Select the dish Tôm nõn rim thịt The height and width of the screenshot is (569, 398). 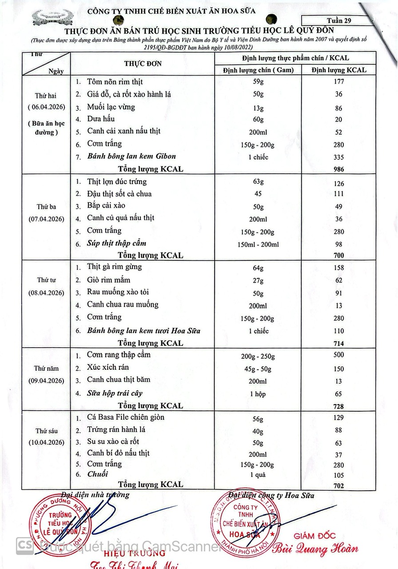[115, 82]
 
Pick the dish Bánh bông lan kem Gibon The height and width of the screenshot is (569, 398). [131, 156]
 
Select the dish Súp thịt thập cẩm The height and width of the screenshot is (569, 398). [116, 243]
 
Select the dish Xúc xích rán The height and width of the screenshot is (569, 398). [108, 367]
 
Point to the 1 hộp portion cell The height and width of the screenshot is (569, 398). [258, 394]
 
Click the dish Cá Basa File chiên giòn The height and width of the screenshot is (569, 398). [126, 417]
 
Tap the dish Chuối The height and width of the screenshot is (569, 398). [97, 474]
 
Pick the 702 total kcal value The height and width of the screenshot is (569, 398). [339, 486]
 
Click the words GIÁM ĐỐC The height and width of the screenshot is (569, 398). [314, 536]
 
